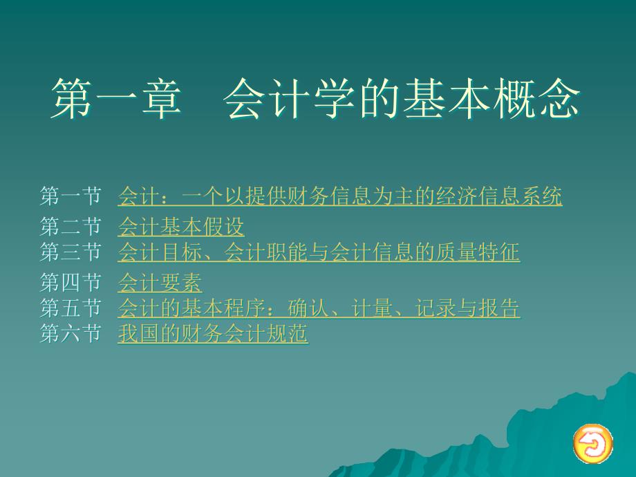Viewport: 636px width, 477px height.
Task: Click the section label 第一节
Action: [71, 196]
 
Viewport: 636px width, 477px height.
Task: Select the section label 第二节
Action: [71, 226]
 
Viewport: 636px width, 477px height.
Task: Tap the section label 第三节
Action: [71, 252]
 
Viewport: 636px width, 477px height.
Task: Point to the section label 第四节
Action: [71, 282]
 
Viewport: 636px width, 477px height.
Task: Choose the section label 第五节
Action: [71, 308]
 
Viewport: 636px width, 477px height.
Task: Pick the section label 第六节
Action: [71, 333]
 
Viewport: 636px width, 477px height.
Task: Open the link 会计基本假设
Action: [181, 226]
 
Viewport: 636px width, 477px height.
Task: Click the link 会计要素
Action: [160, 282]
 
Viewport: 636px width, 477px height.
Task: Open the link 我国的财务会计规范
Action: [213, 333]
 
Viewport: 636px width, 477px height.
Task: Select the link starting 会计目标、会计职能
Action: [319, 252]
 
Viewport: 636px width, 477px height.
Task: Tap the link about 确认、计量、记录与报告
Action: [319, 308]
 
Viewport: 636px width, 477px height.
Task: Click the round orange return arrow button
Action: [592, 442]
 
